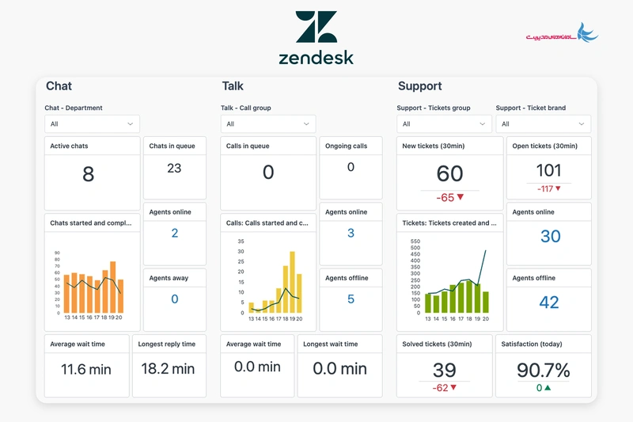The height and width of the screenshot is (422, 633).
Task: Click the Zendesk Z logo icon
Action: coord(316,27)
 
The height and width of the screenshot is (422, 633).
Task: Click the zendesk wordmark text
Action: coord(316,57)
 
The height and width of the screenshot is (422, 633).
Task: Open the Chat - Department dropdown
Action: coord(92,124)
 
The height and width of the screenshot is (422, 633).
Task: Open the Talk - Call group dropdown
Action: coord(267,124)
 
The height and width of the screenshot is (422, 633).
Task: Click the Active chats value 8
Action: coord(88,174)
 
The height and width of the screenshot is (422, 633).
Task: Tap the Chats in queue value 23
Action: coord(174,168)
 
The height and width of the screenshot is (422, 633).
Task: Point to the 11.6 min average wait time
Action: coord(87,369)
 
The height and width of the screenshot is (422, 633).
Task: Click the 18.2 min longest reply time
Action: coord(167,369)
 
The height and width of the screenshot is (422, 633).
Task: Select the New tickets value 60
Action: coord(449,173)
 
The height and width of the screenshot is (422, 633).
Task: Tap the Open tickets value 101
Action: coord(548,170)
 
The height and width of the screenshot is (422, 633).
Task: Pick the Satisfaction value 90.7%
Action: coord(544,371)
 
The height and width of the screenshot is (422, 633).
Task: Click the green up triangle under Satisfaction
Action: coord(548,388)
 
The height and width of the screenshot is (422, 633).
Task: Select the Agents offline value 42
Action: coord(548,302)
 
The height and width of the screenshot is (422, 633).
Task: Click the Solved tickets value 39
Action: coord(444,370)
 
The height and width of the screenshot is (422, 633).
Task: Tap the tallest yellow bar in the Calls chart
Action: coord(291,282)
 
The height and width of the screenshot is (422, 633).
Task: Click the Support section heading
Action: coord(419,86)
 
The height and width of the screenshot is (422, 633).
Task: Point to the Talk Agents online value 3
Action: coord(351,234)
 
